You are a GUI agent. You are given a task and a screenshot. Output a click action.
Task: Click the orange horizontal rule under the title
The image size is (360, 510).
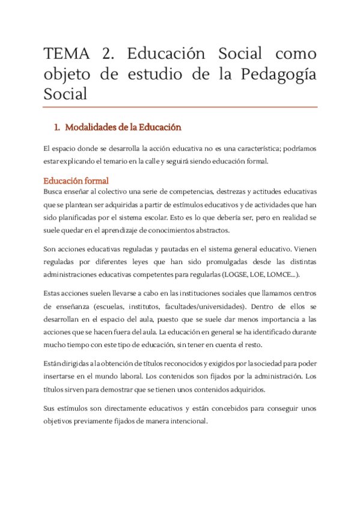click(x=180, y=107)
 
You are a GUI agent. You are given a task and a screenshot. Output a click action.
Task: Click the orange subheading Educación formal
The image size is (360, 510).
click(x=76, y=180)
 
